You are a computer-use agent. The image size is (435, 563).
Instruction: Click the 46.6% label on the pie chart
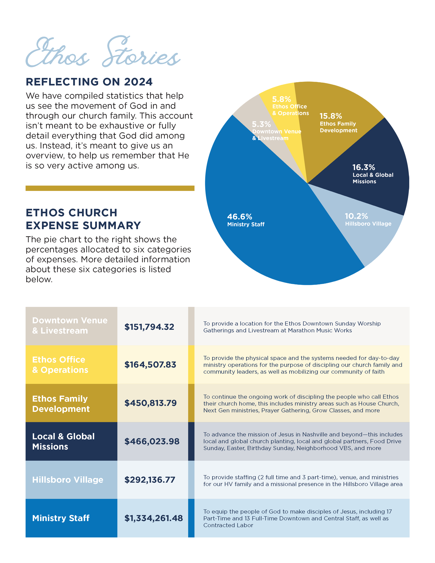click(239, 216)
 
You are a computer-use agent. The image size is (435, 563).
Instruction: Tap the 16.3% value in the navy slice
click(364, 167)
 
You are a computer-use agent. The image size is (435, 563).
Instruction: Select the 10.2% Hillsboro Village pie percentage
click(356, 216)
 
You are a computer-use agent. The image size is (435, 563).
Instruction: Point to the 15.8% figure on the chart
click(331, 116)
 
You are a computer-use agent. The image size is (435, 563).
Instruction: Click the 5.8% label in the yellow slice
click(281, 99)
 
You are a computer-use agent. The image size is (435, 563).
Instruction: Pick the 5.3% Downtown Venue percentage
click(261, 124)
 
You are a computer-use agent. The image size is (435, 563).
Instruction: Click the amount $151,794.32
click(149, 327)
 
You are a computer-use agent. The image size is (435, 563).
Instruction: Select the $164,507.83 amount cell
click(150, 364)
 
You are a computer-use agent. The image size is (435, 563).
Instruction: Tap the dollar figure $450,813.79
click(151, 403)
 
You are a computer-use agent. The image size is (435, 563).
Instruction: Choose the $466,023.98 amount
click(152, 441)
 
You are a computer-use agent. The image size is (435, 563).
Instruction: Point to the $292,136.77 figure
click(150, 480)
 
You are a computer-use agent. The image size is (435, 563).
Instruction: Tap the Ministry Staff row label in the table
click(61, 518)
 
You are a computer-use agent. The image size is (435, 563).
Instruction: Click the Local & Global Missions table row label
click(63, 441)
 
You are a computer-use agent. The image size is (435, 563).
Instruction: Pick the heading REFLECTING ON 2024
click(89, 82)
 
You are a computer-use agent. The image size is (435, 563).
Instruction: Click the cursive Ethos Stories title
click(103, 52)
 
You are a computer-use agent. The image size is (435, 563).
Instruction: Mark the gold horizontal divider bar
click(110, 188)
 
